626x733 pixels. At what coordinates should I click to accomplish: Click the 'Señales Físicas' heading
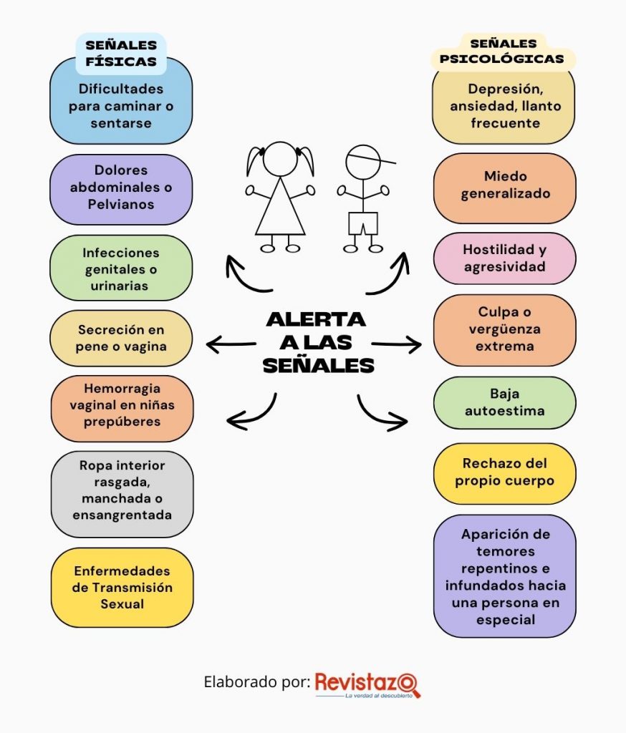click(x=121, y=53)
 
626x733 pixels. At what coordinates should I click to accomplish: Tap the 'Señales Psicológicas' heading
click(x=503, y=52)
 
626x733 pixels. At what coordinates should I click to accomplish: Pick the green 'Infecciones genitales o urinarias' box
click(x=121, y=268)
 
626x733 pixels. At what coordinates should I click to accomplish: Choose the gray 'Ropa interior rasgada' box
click(x=122, y=494)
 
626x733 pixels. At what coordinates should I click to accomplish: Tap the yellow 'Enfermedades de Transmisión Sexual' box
click(x=122, y=588)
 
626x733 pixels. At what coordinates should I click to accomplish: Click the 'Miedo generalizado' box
click(x=505, y=188)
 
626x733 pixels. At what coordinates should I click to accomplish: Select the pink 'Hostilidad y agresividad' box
click(x=505, y=258)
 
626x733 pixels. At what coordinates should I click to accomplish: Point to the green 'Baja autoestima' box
click(x=505, y=402)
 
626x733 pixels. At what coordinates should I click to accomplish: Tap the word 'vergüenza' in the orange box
click(x=505, y=329)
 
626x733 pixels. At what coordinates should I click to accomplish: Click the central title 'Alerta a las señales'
click(x=318, y=342)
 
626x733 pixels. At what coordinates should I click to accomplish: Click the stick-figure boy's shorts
click(x=363, y=223)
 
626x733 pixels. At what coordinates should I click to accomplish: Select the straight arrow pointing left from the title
click(x=231, y=345)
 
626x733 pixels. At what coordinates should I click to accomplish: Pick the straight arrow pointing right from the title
click(x=397, y=345)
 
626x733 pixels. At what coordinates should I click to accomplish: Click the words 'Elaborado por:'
click(x=257, y=682)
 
